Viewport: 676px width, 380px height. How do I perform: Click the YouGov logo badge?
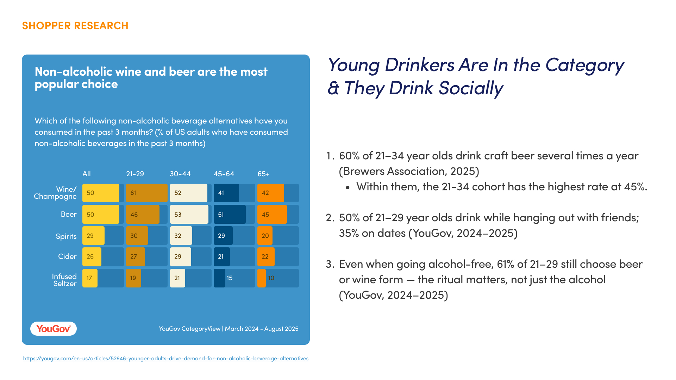[54, 329]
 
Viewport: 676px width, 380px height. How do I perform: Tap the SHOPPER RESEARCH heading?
[75, 26]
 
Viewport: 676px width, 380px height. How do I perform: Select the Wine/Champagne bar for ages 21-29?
[147, 193]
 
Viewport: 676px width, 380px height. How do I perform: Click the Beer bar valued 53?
[189, 214]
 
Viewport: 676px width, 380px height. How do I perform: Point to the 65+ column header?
[263, 174]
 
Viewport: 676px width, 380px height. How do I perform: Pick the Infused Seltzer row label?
[64, 280]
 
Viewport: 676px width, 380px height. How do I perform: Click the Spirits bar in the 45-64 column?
[223, 236]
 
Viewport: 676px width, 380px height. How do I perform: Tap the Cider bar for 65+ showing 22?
[266, 257]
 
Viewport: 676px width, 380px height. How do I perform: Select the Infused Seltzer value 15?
[229, 278]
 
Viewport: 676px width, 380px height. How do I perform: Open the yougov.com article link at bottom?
[166, 359]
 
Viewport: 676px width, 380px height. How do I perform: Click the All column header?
[87, 174]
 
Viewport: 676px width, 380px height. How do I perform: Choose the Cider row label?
[67, 256]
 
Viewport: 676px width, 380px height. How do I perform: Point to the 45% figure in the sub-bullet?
[634, 186]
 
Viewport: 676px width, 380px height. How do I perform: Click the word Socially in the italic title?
[471, 88]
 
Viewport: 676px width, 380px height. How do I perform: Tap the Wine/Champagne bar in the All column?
[101, 193]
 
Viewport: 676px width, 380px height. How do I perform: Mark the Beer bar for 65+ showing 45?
[272, 214]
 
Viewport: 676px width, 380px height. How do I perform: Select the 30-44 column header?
[180, 174]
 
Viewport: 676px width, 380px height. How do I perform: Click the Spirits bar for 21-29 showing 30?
[137, 236]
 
